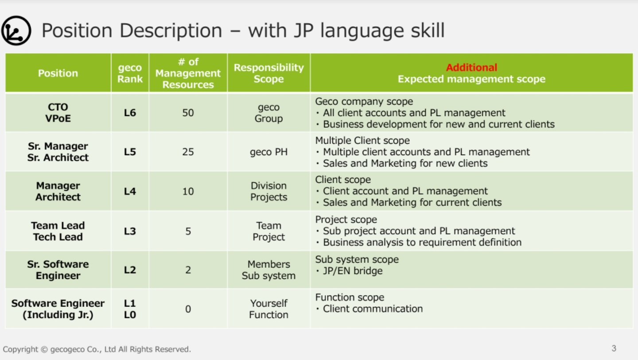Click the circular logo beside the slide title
[16, 31]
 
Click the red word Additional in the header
[471, 67]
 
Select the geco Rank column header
[130, 73]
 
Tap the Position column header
[58, 73]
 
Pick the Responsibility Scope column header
[268, 73]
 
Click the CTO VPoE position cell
[58, 113]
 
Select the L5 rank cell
[130, 152]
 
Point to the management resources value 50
[188, 113]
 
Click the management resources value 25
[188, 152]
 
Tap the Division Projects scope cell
[268, 191]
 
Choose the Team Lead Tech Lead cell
[58, 231]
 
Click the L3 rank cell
[130, 231]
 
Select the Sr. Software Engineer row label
[58, 270]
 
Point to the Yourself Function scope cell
[268, 309]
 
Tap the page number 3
[614, 348]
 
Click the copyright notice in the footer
[97, 349]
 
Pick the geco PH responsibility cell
[268, 152]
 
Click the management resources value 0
[188, 309]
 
